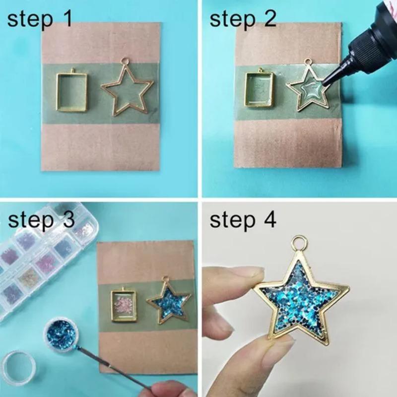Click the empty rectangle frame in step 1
pyautogui.click(x=72, y=91)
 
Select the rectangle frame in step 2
pyautogui.click(x=260, y=88)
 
